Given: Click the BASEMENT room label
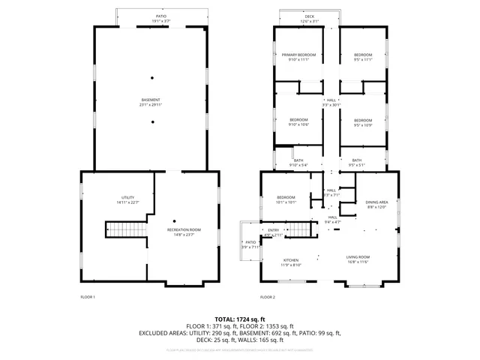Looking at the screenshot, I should [x=151, y=100].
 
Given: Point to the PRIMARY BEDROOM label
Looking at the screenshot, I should [x=298, y=55].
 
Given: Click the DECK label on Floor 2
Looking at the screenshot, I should [x=310, y=16].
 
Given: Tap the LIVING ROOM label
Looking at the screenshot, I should [x=359, y=257].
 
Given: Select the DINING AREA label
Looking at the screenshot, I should [x=376, y=203].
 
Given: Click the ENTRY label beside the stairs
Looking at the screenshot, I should [x=272, y=230].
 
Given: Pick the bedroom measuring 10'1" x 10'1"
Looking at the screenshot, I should [x=286, y=198].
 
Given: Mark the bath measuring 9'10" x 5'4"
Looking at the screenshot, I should [x=298, y=160].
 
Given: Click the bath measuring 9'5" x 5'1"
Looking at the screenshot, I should [x=357, y=160].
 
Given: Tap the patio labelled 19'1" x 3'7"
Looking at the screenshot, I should [x=160, y=16].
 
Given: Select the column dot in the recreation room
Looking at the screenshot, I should [x=175, y=220].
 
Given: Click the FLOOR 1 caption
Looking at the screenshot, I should [x=88, y=297].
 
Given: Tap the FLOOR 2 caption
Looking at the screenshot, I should [x=268, y=297].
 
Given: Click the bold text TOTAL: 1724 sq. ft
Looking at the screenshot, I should [x=240, y=319].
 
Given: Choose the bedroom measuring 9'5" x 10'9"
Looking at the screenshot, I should [x=362, y=121].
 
